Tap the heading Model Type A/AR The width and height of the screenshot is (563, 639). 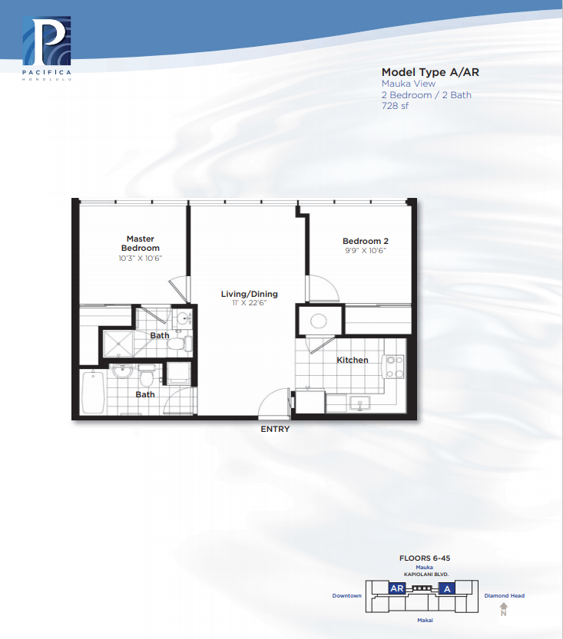click(x=430, y=73)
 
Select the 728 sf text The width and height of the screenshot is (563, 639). click(x=395, y=106)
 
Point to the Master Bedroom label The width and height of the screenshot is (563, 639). click(x=141, y=243)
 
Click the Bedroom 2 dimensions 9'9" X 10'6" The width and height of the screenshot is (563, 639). click(x=365, y=251)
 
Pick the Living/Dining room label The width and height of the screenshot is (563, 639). click(x=250, y=294)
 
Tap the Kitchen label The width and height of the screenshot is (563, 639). click(x=353, y=361)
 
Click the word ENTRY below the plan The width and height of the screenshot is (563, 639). click(x=275, y=429)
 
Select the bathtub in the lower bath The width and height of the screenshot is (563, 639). click(x=93, y=392)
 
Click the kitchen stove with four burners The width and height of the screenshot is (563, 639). click(x=394, y=367)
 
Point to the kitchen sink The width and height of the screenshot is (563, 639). click(x=359, y=403)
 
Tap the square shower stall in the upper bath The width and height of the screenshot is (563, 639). click(x=118, y=344)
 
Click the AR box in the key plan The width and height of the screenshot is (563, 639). click(x=396, y=588)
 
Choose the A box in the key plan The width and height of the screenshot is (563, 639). click(x=447, y=588)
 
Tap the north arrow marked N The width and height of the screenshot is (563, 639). click(x=504, y=610)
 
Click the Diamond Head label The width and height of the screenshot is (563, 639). click(x=505, y=596)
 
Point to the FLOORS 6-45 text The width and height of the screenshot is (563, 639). click(x=425, y=558)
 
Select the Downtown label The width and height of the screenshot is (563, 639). click(x=346, y=596)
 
